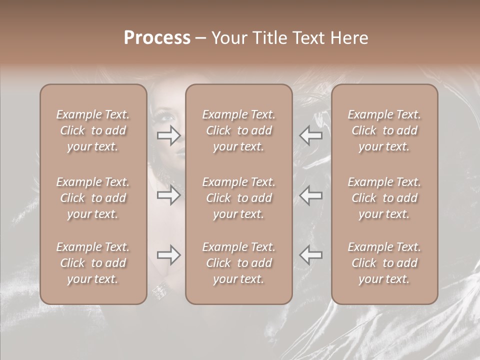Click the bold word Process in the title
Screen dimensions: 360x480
point(157,38)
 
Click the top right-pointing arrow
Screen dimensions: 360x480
point(168,135)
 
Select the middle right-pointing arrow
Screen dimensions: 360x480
point(168,195)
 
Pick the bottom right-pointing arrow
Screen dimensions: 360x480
point(168,255)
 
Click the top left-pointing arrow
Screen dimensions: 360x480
point(310,135)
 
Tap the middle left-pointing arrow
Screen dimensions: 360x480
point(310,195)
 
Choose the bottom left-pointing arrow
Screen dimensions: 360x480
point(310,255)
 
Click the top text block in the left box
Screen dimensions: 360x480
point(93,130)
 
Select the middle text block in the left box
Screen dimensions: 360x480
point(93,198)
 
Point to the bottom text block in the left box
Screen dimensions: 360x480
point(93,263)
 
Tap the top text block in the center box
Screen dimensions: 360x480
point(239,130)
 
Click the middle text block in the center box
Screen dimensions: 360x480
point(239,198)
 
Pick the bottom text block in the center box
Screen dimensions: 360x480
point(239,263)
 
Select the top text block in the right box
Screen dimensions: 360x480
point(384,130)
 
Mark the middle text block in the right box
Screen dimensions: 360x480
point(384,198)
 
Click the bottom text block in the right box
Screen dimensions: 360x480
point(384,263)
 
